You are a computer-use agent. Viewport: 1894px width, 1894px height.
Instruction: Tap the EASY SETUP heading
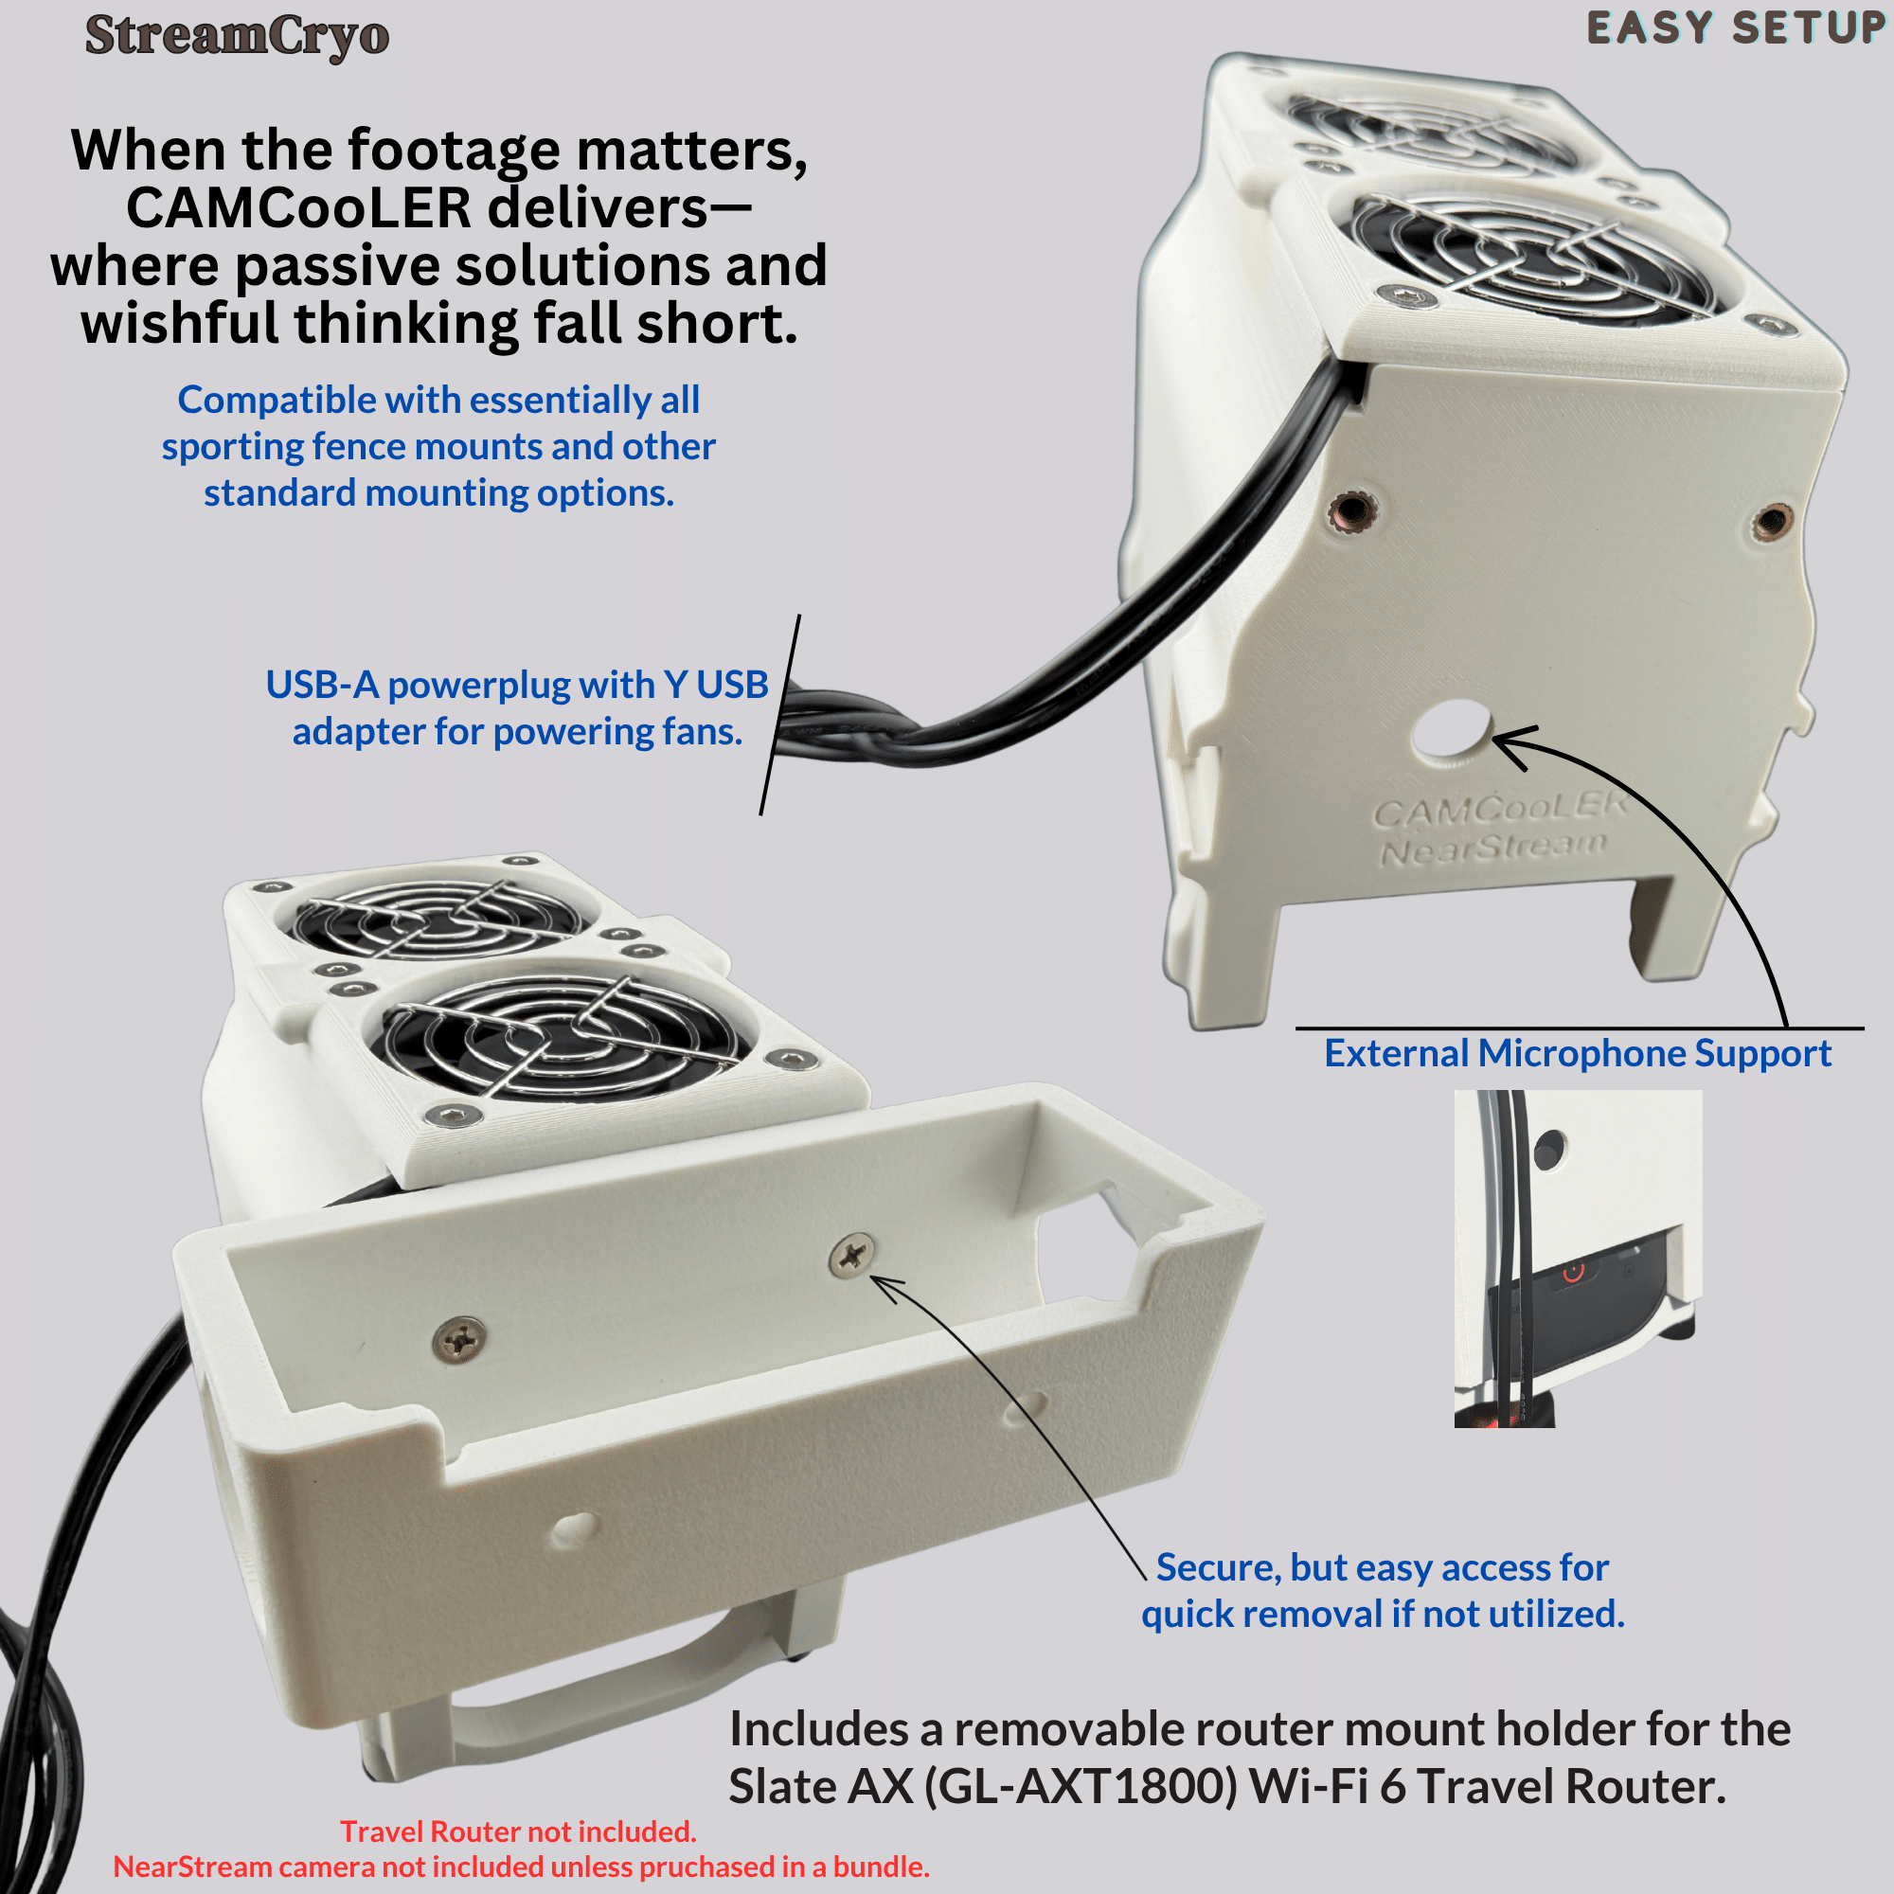1735,28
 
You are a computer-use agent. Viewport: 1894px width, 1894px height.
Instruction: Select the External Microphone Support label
1578,1053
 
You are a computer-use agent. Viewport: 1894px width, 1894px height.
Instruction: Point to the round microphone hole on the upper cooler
1451,727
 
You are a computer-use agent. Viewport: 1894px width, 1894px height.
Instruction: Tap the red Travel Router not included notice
518,1831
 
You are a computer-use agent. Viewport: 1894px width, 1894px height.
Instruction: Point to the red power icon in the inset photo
1573,1272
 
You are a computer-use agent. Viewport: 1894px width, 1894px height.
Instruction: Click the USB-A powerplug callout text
517,707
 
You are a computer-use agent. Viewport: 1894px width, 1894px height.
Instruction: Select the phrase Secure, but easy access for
1383,1567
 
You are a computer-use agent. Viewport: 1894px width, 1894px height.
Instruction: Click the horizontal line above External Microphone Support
1580,1028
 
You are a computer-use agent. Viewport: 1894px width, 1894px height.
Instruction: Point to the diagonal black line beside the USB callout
780,715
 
